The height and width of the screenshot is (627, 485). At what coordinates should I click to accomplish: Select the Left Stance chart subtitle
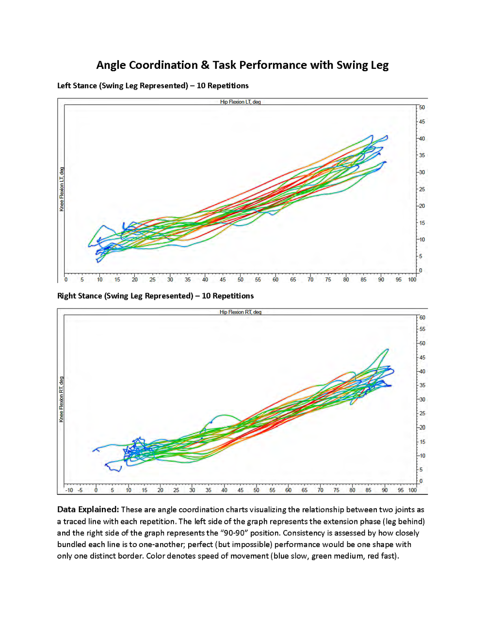pyautogui.click(x=153, y=86)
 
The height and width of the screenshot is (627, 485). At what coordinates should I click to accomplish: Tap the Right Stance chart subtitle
pyautogui.click(x=155, y=296)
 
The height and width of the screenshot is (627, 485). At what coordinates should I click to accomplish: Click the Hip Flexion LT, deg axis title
pyautogui.click(x=240, y=102)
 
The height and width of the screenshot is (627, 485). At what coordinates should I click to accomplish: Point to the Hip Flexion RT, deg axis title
pyautogui.click(x=240, y=312)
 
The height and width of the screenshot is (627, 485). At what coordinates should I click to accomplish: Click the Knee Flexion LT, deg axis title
pyautogui.click(x=62, y=189)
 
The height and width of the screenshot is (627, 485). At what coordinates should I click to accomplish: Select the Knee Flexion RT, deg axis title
pyautogui.click(x=62, y=399)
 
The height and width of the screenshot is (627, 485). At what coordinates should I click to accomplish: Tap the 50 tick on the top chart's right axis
pyautogui.click(x=422, y=108)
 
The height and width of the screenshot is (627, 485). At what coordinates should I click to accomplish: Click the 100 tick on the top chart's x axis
pyautogui.click(x=412, y=280)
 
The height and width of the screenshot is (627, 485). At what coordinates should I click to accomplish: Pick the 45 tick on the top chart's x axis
pyautogui.click(x=223, y=280)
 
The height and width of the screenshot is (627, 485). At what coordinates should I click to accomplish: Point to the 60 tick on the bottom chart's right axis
pyautogui.click(x=422, y=318)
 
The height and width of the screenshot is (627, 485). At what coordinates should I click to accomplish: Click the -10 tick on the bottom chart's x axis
pyautogui.click(x=69, y=490)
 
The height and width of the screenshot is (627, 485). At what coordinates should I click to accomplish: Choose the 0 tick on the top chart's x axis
pyautogui.click(x=66, y=280)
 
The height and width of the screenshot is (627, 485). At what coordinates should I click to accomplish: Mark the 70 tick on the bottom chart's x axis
pyautogui.click(x=320, y=490)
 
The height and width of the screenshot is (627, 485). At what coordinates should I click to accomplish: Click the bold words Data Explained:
pyautogui.click(x=88, y=510)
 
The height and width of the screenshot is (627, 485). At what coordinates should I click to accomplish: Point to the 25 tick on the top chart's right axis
pyautogui.click(x=422, y=189)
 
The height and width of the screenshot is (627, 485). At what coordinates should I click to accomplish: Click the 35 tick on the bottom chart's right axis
pyautogui.click(x=422, y=385)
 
